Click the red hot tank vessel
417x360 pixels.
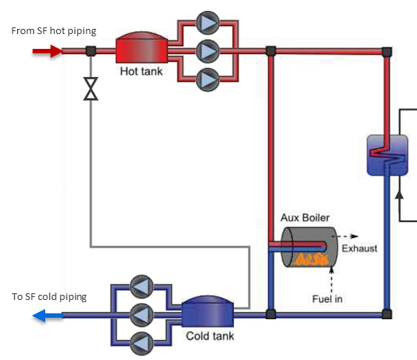click(x=141, y=48)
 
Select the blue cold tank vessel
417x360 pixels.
click(x=207, y=311)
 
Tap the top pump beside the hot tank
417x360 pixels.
click(x=207, y=23)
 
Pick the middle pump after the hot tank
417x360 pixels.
click(x=207, y=51)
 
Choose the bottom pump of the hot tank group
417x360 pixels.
click(x=207, y=79)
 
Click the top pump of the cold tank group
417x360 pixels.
click(x=141, y=287)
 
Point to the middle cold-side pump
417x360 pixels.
click(x=141, y=315)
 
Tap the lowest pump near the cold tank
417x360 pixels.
click(x=141, y=344)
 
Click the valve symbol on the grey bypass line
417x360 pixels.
click(x=90, y=89)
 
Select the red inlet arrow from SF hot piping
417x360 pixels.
click(x=47, y=51)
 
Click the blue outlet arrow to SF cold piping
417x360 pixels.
click(x=47, y=316)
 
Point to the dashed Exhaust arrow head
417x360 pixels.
click(x=354, y=236)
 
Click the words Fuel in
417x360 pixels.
click(x=327, y=299)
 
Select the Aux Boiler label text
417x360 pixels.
click(x=305, y=218)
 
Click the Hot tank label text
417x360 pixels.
click(x=141, y=71)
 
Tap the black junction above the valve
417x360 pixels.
click(x=90, y=51)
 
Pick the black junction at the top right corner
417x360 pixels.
click(x=387, y=52)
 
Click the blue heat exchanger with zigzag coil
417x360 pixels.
click(x=387, y=156)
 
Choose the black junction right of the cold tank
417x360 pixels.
click(x=271, y=314)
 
